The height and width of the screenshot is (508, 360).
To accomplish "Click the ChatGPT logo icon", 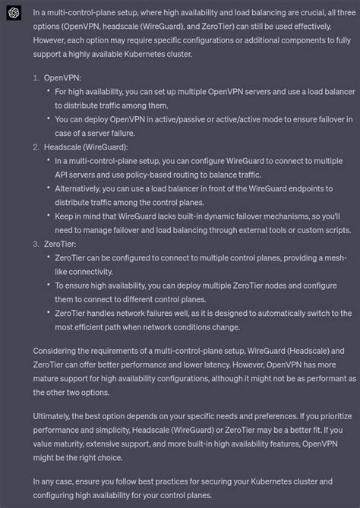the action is pos(12,13).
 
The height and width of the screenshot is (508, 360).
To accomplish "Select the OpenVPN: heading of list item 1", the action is pos(62,77).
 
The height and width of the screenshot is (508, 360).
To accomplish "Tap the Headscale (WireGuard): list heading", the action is pos(86,147).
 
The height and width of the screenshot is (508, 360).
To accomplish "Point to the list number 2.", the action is pos(36,147).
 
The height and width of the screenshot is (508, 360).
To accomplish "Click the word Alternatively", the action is pos(83,188).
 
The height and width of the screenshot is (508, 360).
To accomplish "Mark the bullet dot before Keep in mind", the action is pos(49,215).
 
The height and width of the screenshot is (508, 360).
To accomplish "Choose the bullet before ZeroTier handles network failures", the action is pos(49,313).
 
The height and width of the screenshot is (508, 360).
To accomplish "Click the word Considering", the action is pos(60,350).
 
